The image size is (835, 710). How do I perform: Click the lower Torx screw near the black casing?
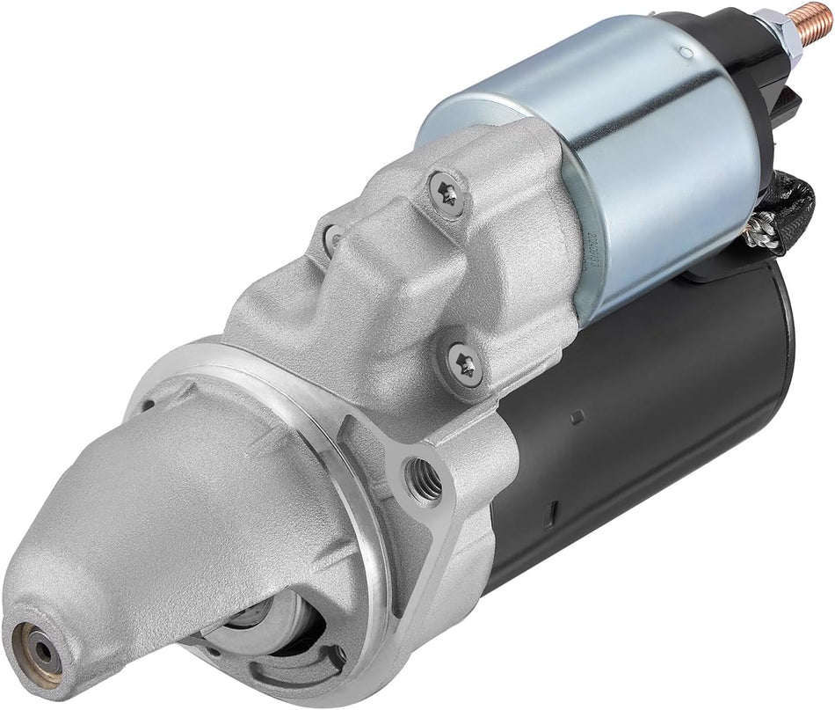(465, 361)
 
